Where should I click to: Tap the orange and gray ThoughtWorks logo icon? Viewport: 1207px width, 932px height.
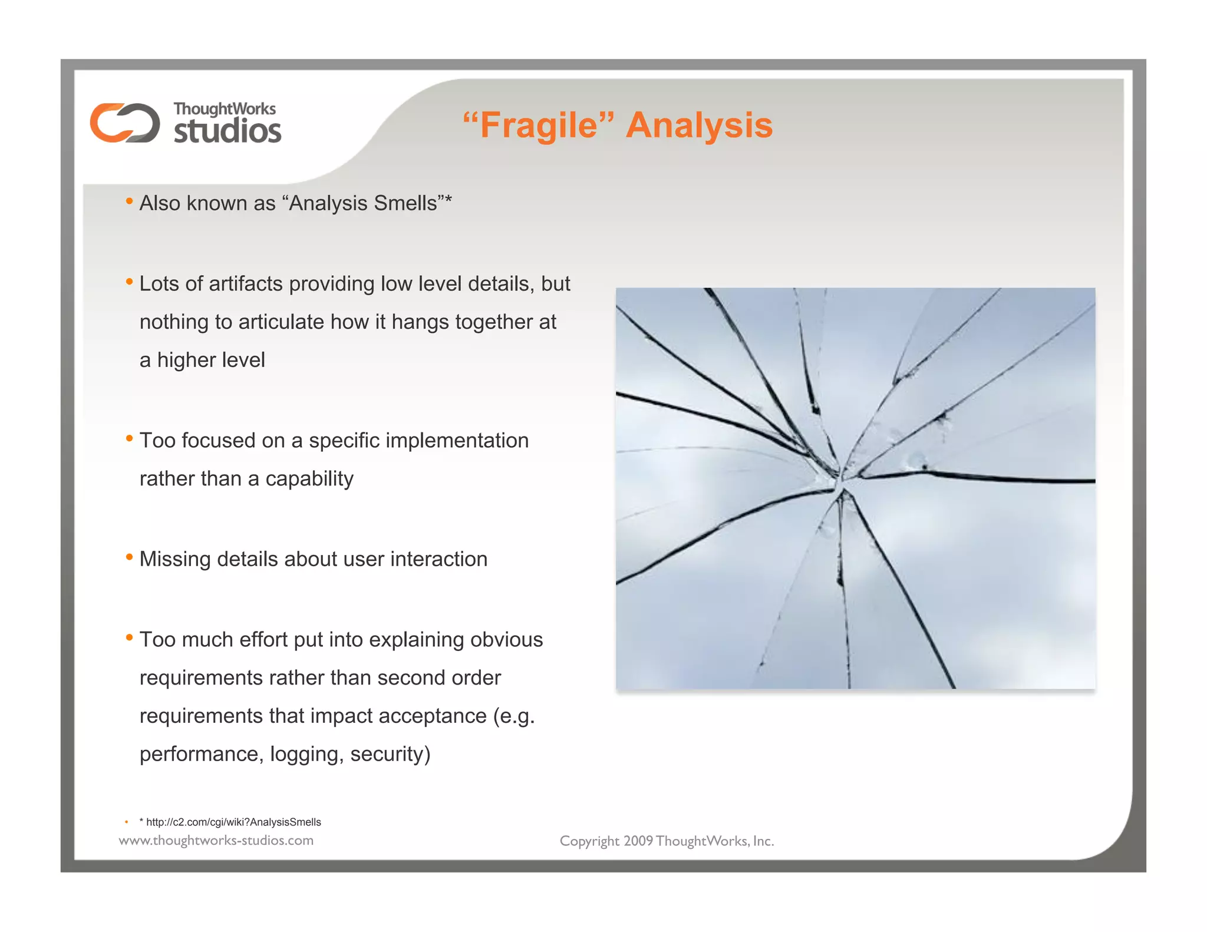point(125,123)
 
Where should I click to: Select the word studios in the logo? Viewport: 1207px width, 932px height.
point(227,131)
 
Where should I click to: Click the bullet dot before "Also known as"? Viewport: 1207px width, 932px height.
point(129,202)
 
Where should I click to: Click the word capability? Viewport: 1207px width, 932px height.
point(309,479)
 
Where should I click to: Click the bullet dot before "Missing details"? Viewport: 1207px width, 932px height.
point(129,557)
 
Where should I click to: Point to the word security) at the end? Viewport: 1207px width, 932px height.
point(390,755)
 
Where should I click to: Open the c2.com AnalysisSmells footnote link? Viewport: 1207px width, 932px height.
point(233,822)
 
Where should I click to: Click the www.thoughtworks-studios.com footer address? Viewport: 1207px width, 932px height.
point(216,841)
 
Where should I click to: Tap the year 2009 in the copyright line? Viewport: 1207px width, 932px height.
point(638,841)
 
